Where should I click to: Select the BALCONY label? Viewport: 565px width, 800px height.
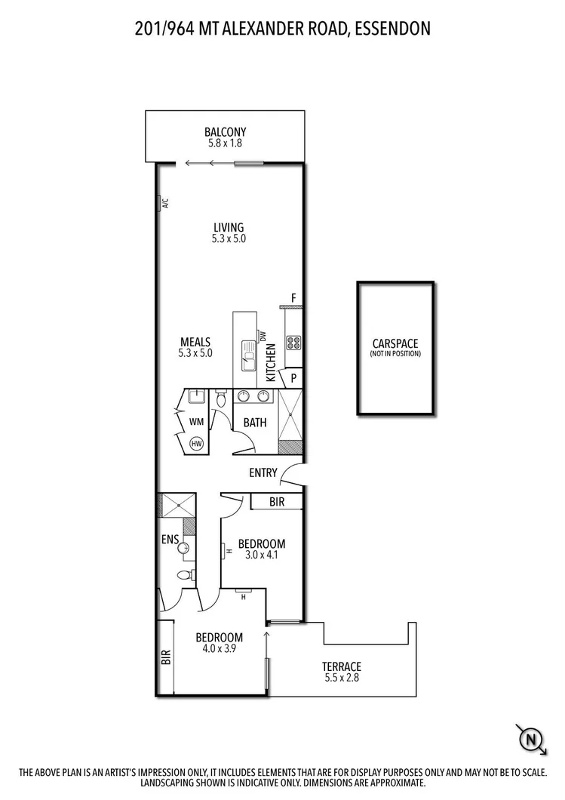click(x=225, y=132)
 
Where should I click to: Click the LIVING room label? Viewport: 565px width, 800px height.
click(x=229, y=227)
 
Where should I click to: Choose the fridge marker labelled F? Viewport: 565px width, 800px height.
click(x=294, y=297)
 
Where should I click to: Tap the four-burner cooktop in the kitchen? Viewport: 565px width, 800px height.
click(x=293, y=343)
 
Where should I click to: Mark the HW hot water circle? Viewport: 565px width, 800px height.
click(x=197, y=443)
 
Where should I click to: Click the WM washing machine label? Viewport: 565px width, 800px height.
click(x=196, y=421)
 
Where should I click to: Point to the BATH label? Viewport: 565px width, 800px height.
click(x=255, y=423)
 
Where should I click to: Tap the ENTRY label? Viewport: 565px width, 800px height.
click(x=264, y=473)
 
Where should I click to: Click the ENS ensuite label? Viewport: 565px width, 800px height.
click(x=169, y=539)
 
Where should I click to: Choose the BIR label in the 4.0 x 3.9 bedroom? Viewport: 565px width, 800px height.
click(x=165, y=657)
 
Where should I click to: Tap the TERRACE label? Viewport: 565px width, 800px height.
click(x=341, y=666)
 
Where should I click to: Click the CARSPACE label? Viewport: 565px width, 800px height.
click(x=395, y=344)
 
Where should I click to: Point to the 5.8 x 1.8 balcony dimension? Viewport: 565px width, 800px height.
click(x=225, y=143)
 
